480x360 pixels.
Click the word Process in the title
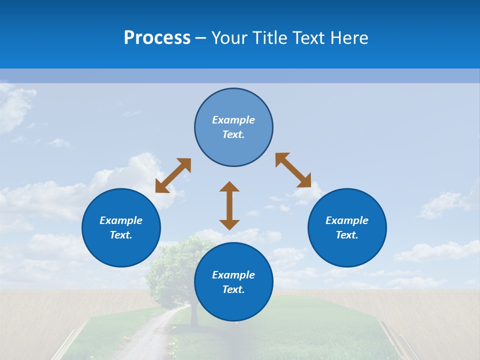pos(157,38)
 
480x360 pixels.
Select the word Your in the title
pos(230,38)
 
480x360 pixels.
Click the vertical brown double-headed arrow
pos(229,205)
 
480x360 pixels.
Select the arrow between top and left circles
pos(173,175)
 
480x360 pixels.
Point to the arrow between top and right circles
pos(293,170)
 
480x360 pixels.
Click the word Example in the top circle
pos(233,120)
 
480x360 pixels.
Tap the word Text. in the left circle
pos(121,235)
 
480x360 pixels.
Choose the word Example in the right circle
pos(347,220)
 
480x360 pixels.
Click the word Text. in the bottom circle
pos(233,289)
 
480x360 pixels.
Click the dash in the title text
pos(200,38)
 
